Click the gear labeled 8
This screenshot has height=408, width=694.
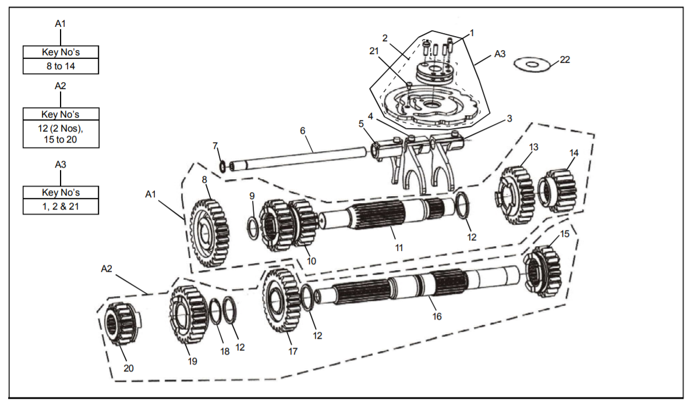tap(208, 233)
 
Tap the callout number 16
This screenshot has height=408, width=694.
tap(437, 316)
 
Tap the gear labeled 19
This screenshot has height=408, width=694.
tap(188, 314)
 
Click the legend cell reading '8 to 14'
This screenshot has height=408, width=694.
tap(61, 66)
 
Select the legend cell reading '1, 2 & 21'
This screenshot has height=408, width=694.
tap(61, 206)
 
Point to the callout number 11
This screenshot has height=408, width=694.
tap(399, 247)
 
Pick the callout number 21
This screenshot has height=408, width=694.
tap(374, 51)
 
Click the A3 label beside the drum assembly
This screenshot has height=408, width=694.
tap(500, 54)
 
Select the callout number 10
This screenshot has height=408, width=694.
tap(311, 261)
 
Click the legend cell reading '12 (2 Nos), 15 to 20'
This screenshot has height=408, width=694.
tap(61, 133)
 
